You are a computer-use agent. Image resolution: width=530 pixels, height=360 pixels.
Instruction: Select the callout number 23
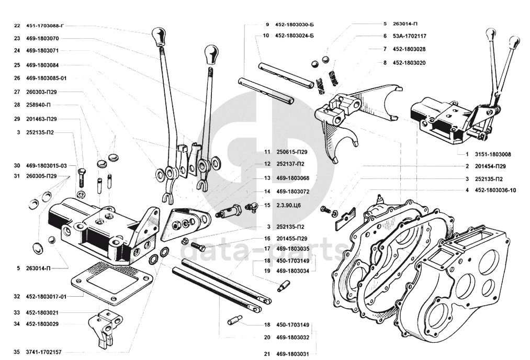coord(17,38)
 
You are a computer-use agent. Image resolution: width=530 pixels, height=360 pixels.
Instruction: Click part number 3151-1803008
coord(493,154)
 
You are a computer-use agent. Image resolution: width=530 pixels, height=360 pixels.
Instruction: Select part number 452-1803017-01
coord(46,296)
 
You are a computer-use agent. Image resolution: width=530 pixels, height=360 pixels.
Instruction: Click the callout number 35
coord(17,352)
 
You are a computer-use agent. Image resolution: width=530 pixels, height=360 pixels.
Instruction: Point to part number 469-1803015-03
coord(46,165)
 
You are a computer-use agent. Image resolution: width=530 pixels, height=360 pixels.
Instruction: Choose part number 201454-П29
coord(493,166)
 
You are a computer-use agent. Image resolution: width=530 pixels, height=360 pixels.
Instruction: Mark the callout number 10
coord(266,36)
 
